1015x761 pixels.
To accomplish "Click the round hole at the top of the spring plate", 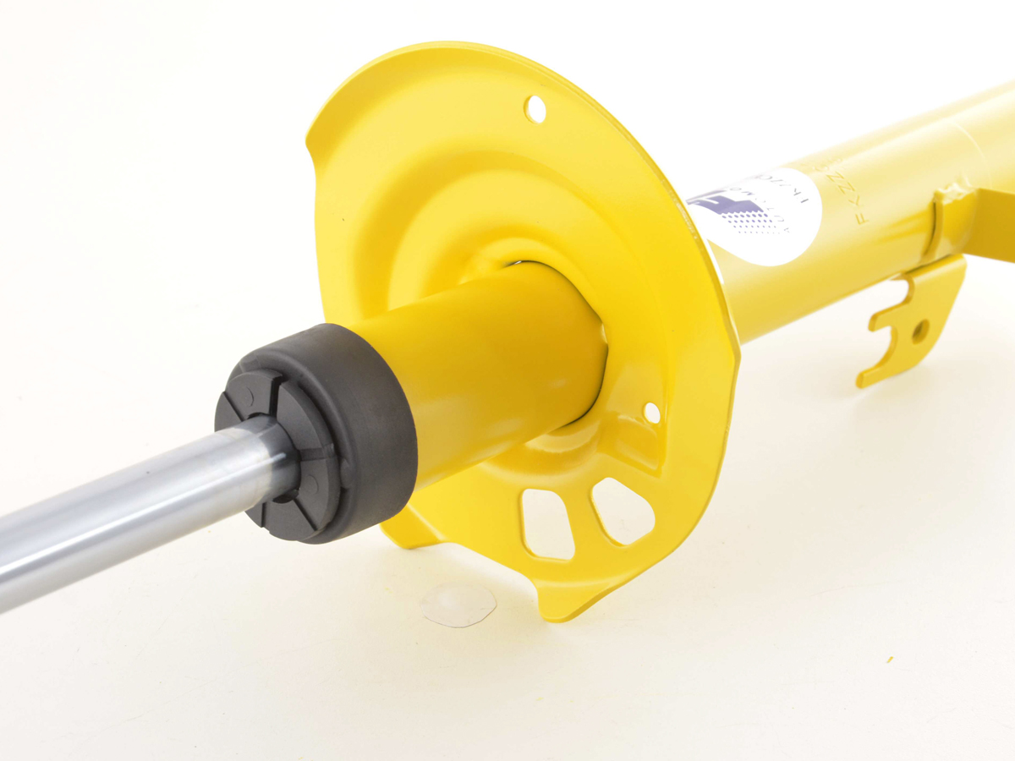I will click(535, 108).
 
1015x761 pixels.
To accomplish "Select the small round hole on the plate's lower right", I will click(651, 413).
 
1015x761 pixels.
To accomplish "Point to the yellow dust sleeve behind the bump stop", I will click(491, 364).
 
